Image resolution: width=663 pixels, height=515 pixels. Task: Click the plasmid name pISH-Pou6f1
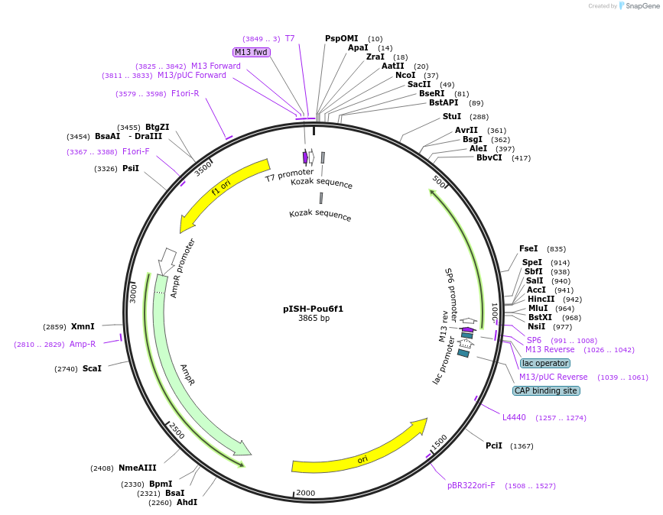(313, 309)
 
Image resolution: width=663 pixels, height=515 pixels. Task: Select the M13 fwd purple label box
(251, 52)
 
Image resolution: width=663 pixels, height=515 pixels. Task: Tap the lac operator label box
(544, 363)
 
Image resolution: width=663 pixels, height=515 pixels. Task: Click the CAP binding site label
(546, 390)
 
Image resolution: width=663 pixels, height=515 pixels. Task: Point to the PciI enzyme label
(494, 445)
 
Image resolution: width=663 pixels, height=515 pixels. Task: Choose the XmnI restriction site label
(83, 326)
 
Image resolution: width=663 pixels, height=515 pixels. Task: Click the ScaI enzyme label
(92, 368)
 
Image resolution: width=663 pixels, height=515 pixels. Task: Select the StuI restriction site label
(452, 116)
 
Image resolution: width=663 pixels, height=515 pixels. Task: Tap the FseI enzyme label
(528, 248)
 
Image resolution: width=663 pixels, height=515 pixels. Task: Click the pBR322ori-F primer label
(471, 485)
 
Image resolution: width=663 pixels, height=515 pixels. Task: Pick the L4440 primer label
(514, 417)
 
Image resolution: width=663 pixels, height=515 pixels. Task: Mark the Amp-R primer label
(83, 344)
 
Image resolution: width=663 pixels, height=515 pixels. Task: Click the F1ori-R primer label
(185, 93)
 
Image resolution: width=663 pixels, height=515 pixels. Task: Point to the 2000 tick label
(305, 493)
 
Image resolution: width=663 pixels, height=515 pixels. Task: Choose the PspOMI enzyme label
(341, 38)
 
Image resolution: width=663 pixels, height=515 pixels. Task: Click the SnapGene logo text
(641, 5)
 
